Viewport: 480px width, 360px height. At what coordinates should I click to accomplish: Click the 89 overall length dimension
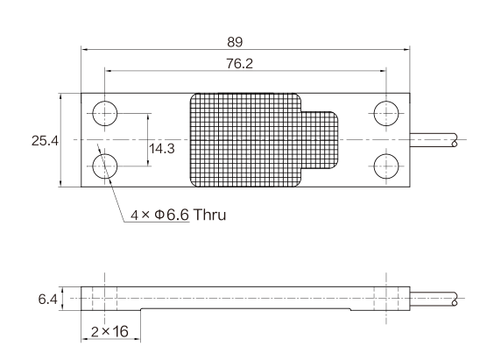[x=235, y=42]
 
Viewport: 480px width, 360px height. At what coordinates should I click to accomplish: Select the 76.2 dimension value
[x=240, y=64]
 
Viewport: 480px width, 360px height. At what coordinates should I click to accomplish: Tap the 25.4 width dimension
[x=45, y=141]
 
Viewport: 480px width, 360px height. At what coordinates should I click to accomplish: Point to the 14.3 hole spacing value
[x=162, y=149]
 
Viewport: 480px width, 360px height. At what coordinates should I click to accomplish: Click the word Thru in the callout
[x=210, y=215]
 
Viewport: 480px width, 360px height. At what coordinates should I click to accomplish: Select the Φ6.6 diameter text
[x=172, y=215]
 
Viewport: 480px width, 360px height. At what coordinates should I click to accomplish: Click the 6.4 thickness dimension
[x=48, y=299]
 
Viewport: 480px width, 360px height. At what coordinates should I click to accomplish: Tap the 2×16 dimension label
[x=109, y=331]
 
